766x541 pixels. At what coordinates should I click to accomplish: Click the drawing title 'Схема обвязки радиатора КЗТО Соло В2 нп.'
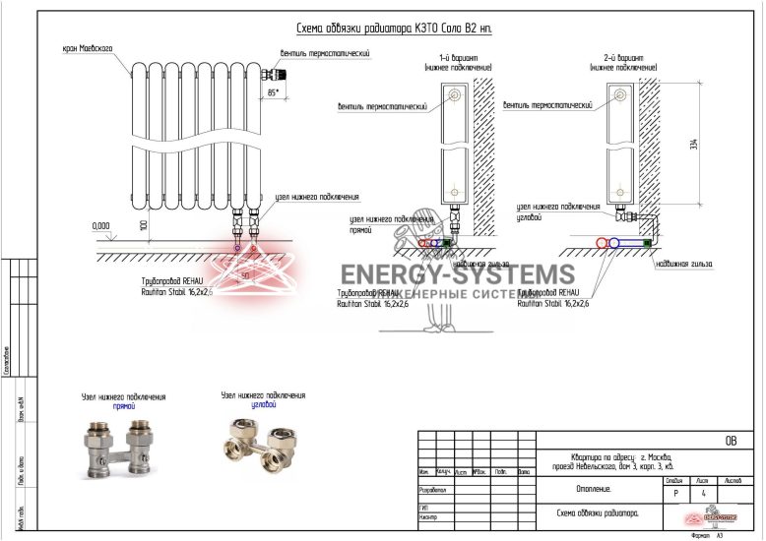tap(394, 30)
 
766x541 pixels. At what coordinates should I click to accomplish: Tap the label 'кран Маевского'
tap(88, 47)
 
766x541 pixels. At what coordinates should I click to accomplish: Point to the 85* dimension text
tap(273, 91)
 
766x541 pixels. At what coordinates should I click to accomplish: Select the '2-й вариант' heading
tap(620, 59)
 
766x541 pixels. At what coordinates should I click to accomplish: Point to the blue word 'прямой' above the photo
tap(123, 405)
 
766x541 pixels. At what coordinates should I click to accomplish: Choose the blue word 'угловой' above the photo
tap(261, 404)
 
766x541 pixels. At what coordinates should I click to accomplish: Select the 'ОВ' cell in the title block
tap(730, 442)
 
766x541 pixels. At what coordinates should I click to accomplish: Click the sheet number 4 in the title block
tap(702, 493)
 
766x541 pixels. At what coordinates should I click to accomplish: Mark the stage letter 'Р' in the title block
tap(674, 493)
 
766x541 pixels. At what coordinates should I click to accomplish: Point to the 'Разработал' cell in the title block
tap(434, 488)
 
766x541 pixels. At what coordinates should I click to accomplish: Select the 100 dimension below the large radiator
tap(143, 225)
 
